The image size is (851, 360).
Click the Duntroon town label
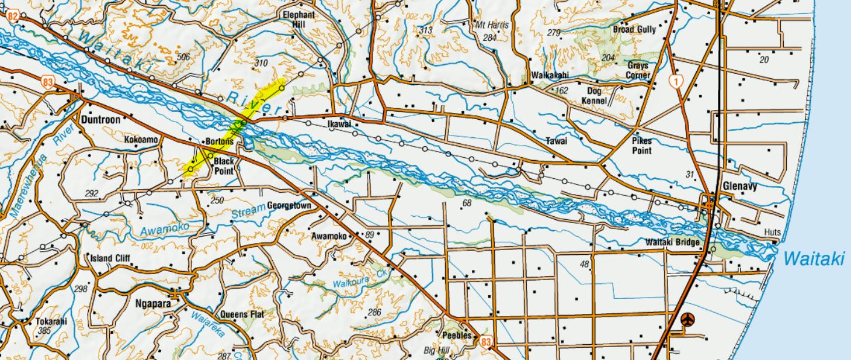[x=101, y=120]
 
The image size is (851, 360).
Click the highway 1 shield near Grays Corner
[x=676, y=82]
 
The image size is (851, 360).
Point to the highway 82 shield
[x=12, y=17]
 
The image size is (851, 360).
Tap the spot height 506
[x=183, y=57]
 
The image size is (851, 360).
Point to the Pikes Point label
[x=641, y=146]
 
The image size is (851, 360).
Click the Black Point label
[x=224, y=166]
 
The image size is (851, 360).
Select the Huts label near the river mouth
[x=772, y=233]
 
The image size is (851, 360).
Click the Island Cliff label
[x=110, y=258]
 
